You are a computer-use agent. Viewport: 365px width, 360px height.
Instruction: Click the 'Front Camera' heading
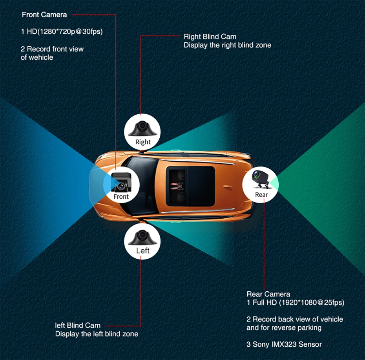(x=44, y=15)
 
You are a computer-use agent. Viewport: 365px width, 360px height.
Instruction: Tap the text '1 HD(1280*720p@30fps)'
(x=62, y=31)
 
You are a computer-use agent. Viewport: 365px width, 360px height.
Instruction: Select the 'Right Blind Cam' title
(x=210, y=37)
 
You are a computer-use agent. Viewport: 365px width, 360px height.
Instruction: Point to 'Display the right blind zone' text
(x=227, y=45)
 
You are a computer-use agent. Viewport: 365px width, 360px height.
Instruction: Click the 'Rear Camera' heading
(x=268, y=294)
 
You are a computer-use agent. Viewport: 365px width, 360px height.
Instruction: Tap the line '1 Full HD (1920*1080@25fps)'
(x=295, y=302)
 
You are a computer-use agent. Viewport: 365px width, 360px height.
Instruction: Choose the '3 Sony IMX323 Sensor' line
(x=284, y=344)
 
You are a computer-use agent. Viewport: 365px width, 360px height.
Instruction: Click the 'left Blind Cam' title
(x=78, y=325)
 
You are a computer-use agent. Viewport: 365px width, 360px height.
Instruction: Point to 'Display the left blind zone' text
(x=97, y=334)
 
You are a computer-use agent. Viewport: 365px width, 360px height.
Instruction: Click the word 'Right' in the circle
(x=143, y=142)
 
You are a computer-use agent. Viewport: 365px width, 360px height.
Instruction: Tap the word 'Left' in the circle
(x=143, y=250)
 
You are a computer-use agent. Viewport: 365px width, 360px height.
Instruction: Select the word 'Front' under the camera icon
(x=121, y=196)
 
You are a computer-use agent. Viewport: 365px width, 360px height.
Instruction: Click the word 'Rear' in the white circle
(x=261, y=194)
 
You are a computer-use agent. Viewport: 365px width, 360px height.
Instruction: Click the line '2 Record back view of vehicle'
(x=295, y=319)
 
